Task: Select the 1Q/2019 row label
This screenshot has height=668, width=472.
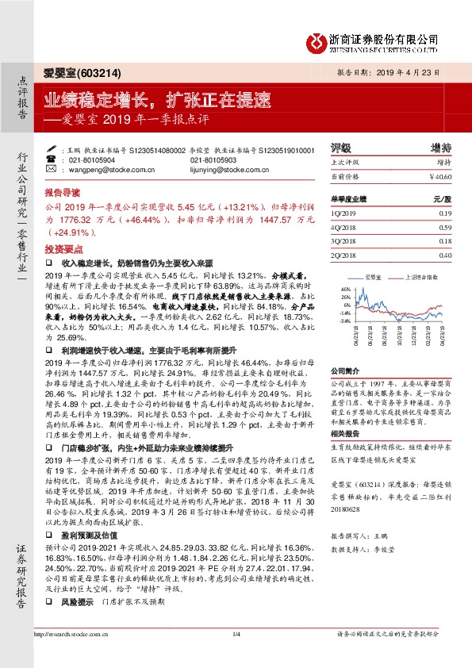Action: (x=343, y=214)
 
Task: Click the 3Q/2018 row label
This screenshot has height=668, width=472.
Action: (x=343, y=242)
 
